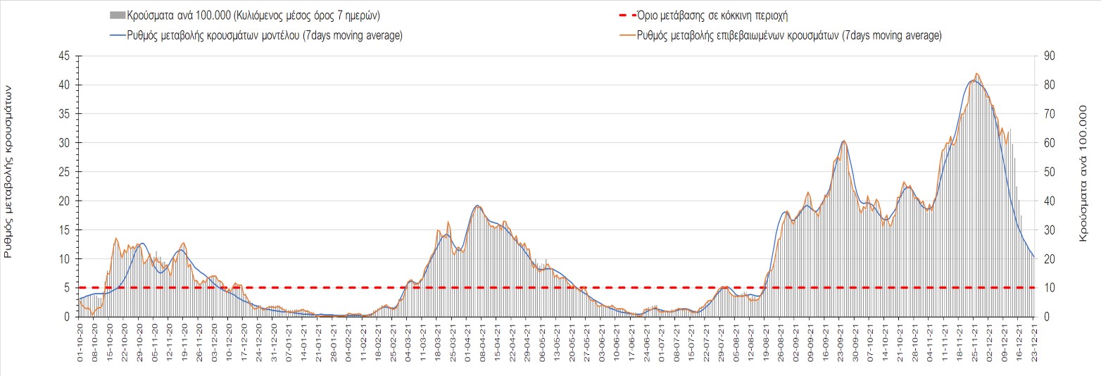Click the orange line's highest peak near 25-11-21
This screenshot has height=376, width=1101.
(976, 73)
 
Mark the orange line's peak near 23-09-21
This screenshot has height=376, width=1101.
(843, 141)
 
